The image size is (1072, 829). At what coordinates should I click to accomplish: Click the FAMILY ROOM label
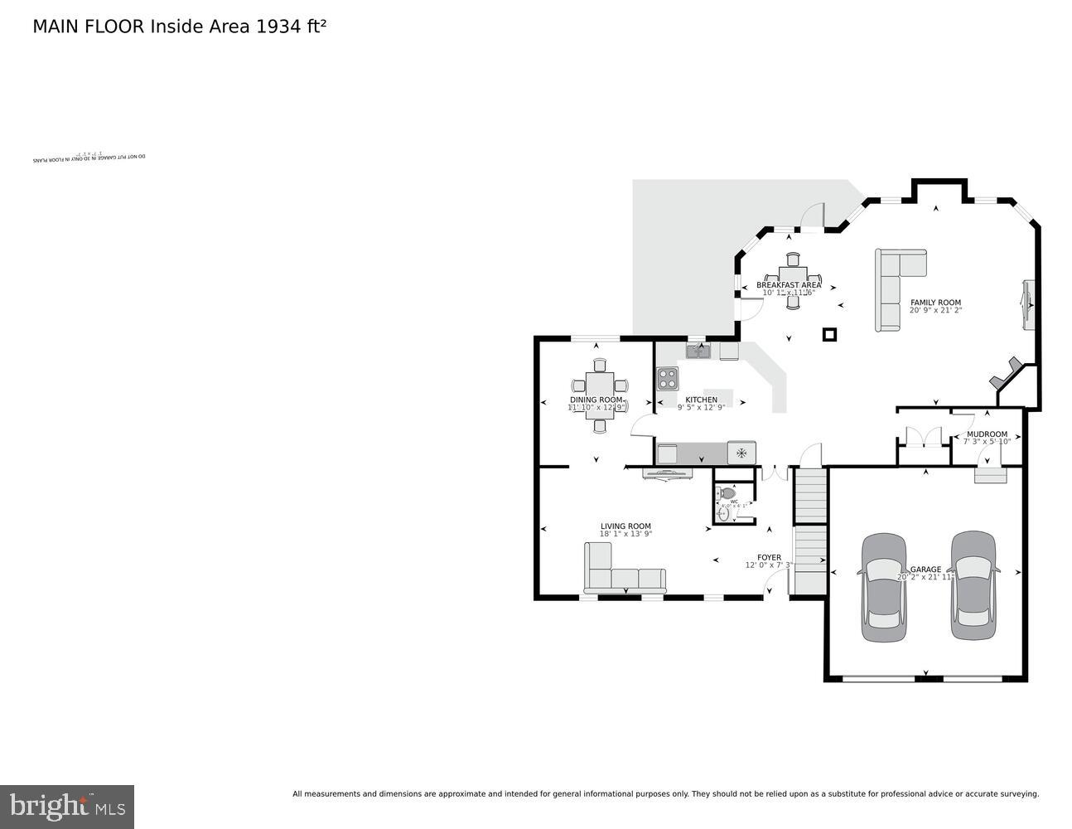pos(935,303)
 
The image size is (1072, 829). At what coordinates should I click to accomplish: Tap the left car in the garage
pos(883,587)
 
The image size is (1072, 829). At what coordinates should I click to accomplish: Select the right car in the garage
pos(973,585)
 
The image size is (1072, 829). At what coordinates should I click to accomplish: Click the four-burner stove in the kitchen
pos(668,379)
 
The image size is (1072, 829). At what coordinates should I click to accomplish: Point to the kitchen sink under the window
pos(698,351)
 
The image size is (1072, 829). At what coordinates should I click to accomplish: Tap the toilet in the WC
pos(727,492)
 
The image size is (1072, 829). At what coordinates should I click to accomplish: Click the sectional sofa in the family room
pos(895,286)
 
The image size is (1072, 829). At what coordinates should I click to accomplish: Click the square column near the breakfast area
pos(829,334)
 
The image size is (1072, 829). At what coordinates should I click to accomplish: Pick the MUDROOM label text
pos(987,434)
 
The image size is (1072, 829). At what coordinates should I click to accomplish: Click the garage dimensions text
pos(926,577)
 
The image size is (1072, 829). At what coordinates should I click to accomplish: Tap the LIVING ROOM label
pos(625,526)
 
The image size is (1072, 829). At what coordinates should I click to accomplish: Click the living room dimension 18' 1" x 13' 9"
pos(625,534)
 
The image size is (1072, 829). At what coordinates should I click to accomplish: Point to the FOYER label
pos(769,557)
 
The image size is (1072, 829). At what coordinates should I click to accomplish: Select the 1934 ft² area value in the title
pos(291,26)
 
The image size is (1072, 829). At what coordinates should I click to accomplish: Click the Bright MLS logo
pos(67,806)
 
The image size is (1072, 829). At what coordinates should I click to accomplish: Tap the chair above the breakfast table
pos(793,258)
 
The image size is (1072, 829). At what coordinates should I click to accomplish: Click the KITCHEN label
pos(701,400)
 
